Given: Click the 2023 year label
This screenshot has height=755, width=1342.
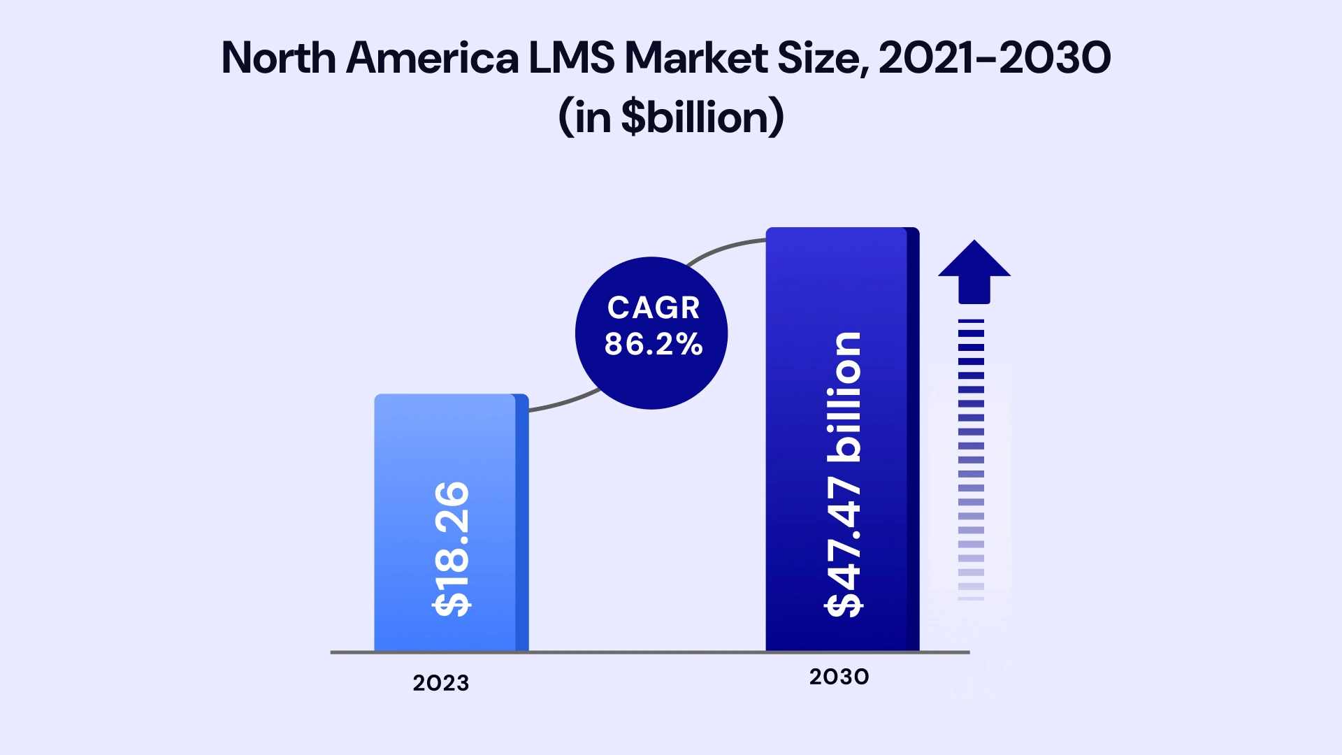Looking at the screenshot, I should click(x=440, y=683).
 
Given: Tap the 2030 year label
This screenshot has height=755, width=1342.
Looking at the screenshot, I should click(x=839, y=677).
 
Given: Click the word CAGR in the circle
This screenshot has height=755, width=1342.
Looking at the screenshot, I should click(x=654, y=308).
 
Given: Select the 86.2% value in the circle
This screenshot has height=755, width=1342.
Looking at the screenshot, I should click(x=654, y=344).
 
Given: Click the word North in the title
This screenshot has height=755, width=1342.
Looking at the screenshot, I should click(x=278, y=57).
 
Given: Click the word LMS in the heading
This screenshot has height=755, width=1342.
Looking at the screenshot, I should click(x=571, y=57).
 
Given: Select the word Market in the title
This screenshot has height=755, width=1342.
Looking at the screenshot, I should click(x=695, y=57).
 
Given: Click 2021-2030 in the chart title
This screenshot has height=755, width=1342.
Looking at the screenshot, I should click(x=994, y=57).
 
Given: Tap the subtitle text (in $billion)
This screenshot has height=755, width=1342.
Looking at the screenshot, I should click(x=671, y=117).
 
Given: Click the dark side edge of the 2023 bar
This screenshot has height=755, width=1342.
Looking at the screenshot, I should click(x=521, y=524).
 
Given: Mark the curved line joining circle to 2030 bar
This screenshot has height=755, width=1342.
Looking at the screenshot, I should click(x=723, y=248).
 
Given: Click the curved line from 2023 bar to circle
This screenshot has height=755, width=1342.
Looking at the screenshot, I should click(x=563, y=403).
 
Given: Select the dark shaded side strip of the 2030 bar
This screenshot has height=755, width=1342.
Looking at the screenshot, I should click(x=913, y=440).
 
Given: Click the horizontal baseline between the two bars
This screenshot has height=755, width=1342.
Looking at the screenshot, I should click(x=647, y=652).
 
